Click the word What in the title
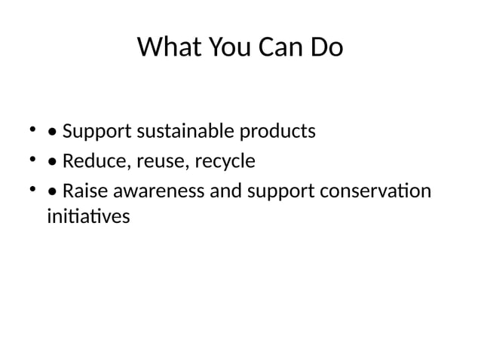(165, 48)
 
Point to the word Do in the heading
(326, 48)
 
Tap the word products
(277, 133)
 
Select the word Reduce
(93, 162)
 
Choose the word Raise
(85, 191)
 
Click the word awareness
(159, 191)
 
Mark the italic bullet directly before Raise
(52, 192)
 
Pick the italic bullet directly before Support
(52, 133)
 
